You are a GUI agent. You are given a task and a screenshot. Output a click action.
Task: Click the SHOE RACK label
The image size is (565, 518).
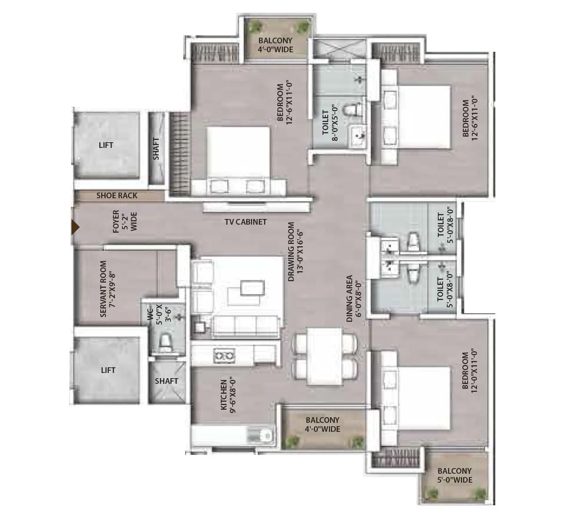point(117,195)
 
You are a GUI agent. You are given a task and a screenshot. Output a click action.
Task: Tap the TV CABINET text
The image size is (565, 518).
point(245,222)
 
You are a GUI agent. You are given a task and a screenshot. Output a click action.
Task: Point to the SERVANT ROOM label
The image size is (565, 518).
point(107,288)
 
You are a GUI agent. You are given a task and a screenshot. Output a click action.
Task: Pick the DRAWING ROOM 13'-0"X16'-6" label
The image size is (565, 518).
point(295,251)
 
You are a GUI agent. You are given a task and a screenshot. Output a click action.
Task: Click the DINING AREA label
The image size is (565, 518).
point(354,299)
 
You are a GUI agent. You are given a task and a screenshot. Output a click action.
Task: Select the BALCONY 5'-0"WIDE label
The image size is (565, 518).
point(454,476)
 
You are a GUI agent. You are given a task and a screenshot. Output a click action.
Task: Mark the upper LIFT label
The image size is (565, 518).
point(106,145)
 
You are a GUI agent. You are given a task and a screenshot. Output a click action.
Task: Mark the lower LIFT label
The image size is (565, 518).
point(108,370)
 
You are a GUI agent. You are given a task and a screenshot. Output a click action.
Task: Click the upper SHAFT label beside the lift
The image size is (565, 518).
point(156,148)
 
